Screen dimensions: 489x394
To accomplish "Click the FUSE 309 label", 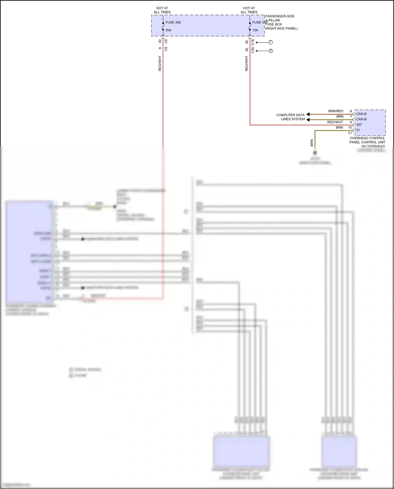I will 173,22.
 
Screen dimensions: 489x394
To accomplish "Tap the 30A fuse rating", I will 168,30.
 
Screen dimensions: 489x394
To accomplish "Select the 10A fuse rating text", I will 255,30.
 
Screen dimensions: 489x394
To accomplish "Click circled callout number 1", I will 271,42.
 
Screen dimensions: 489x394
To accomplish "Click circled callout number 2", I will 271,51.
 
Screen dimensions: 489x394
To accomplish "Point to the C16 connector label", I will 253,42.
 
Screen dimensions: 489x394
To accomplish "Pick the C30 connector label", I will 253,50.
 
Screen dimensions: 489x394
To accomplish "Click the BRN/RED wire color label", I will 336,111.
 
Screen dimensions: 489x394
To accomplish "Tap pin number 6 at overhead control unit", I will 351,111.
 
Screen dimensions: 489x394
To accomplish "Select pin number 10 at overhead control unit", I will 350,127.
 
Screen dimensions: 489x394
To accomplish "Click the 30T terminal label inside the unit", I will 359,125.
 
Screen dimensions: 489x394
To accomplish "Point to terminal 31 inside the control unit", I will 358,130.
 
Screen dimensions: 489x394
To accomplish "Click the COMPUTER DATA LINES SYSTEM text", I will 291,117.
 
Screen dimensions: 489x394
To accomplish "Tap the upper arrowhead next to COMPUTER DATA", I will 308,114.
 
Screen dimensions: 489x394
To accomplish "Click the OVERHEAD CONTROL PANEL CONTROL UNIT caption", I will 367,140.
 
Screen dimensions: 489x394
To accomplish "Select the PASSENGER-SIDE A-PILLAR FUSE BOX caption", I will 281,22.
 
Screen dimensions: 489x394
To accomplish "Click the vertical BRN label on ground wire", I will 312,143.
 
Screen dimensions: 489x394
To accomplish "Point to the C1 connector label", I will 350,133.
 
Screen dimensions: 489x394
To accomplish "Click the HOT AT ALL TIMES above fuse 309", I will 162,10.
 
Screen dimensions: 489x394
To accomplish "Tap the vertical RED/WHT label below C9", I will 160,63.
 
